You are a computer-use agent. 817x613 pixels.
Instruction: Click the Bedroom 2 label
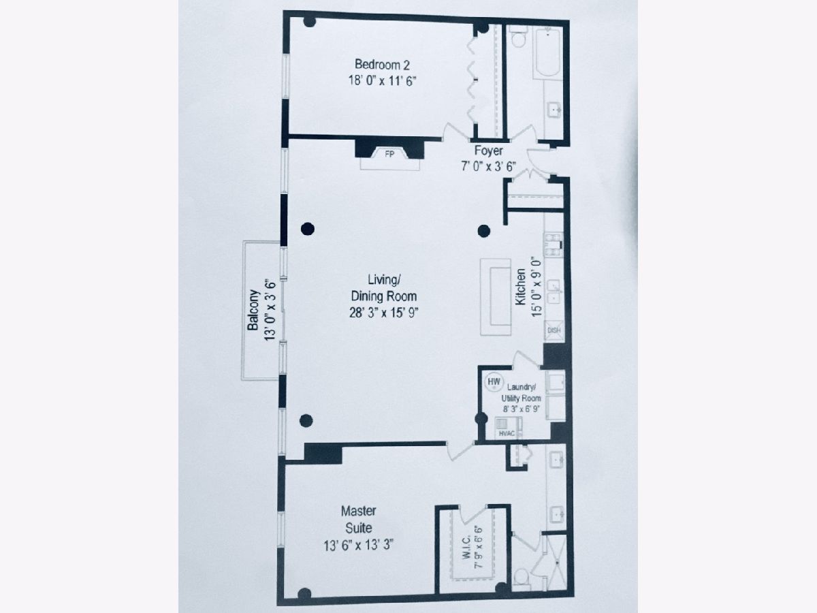(382, 65)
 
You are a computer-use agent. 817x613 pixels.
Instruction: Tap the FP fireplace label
(389, 154)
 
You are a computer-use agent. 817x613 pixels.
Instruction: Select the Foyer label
(488, 151)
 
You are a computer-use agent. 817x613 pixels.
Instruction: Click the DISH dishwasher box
(554, 330)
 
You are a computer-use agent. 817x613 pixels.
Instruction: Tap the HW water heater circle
(494, 382)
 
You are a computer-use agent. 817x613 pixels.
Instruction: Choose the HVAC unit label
(507, 434)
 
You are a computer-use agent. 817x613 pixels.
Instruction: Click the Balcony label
(253, 310)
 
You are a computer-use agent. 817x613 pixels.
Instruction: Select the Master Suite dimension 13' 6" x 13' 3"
(358, 546)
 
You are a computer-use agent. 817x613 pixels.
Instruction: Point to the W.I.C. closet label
(467, 547)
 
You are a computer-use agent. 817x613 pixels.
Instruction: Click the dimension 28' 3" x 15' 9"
(383, 313)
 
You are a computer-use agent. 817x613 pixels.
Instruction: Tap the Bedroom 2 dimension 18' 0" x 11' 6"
(382, 81)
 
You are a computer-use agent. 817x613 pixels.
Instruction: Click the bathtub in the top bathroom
(548, 53)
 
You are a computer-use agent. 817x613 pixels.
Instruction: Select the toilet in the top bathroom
(517, 37)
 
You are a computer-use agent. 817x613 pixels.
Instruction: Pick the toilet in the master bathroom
(522, 580)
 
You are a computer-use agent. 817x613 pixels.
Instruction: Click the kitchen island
(496, 297)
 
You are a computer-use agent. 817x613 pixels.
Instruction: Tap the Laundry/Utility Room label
(521, 393)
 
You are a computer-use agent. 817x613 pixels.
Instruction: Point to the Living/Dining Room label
(384, 287)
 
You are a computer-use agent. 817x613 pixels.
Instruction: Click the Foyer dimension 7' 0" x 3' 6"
(488, 166)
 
